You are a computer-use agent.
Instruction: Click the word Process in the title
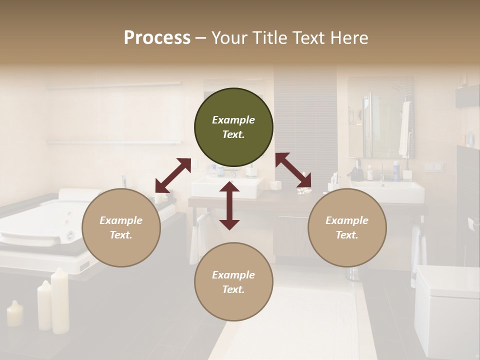pos(157,38)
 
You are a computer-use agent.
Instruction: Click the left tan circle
pos(121,227)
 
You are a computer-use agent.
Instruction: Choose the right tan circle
pos(347,227)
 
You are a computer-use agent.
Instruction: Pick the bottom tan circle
pos(233,282)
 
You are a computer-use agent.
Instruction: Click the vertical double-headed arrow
pos(229,205)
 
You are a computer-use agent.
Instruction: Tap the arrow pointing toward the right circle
pos(293,170)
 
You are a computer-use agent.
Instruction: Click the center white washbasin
pos(227,188)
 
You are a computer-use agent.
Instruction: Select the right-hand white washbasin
pos(392,191)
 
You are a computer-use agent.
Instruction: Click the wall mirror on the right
pos(380,117)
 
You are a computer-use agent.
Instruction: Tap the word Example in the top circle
pos(233,120)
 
